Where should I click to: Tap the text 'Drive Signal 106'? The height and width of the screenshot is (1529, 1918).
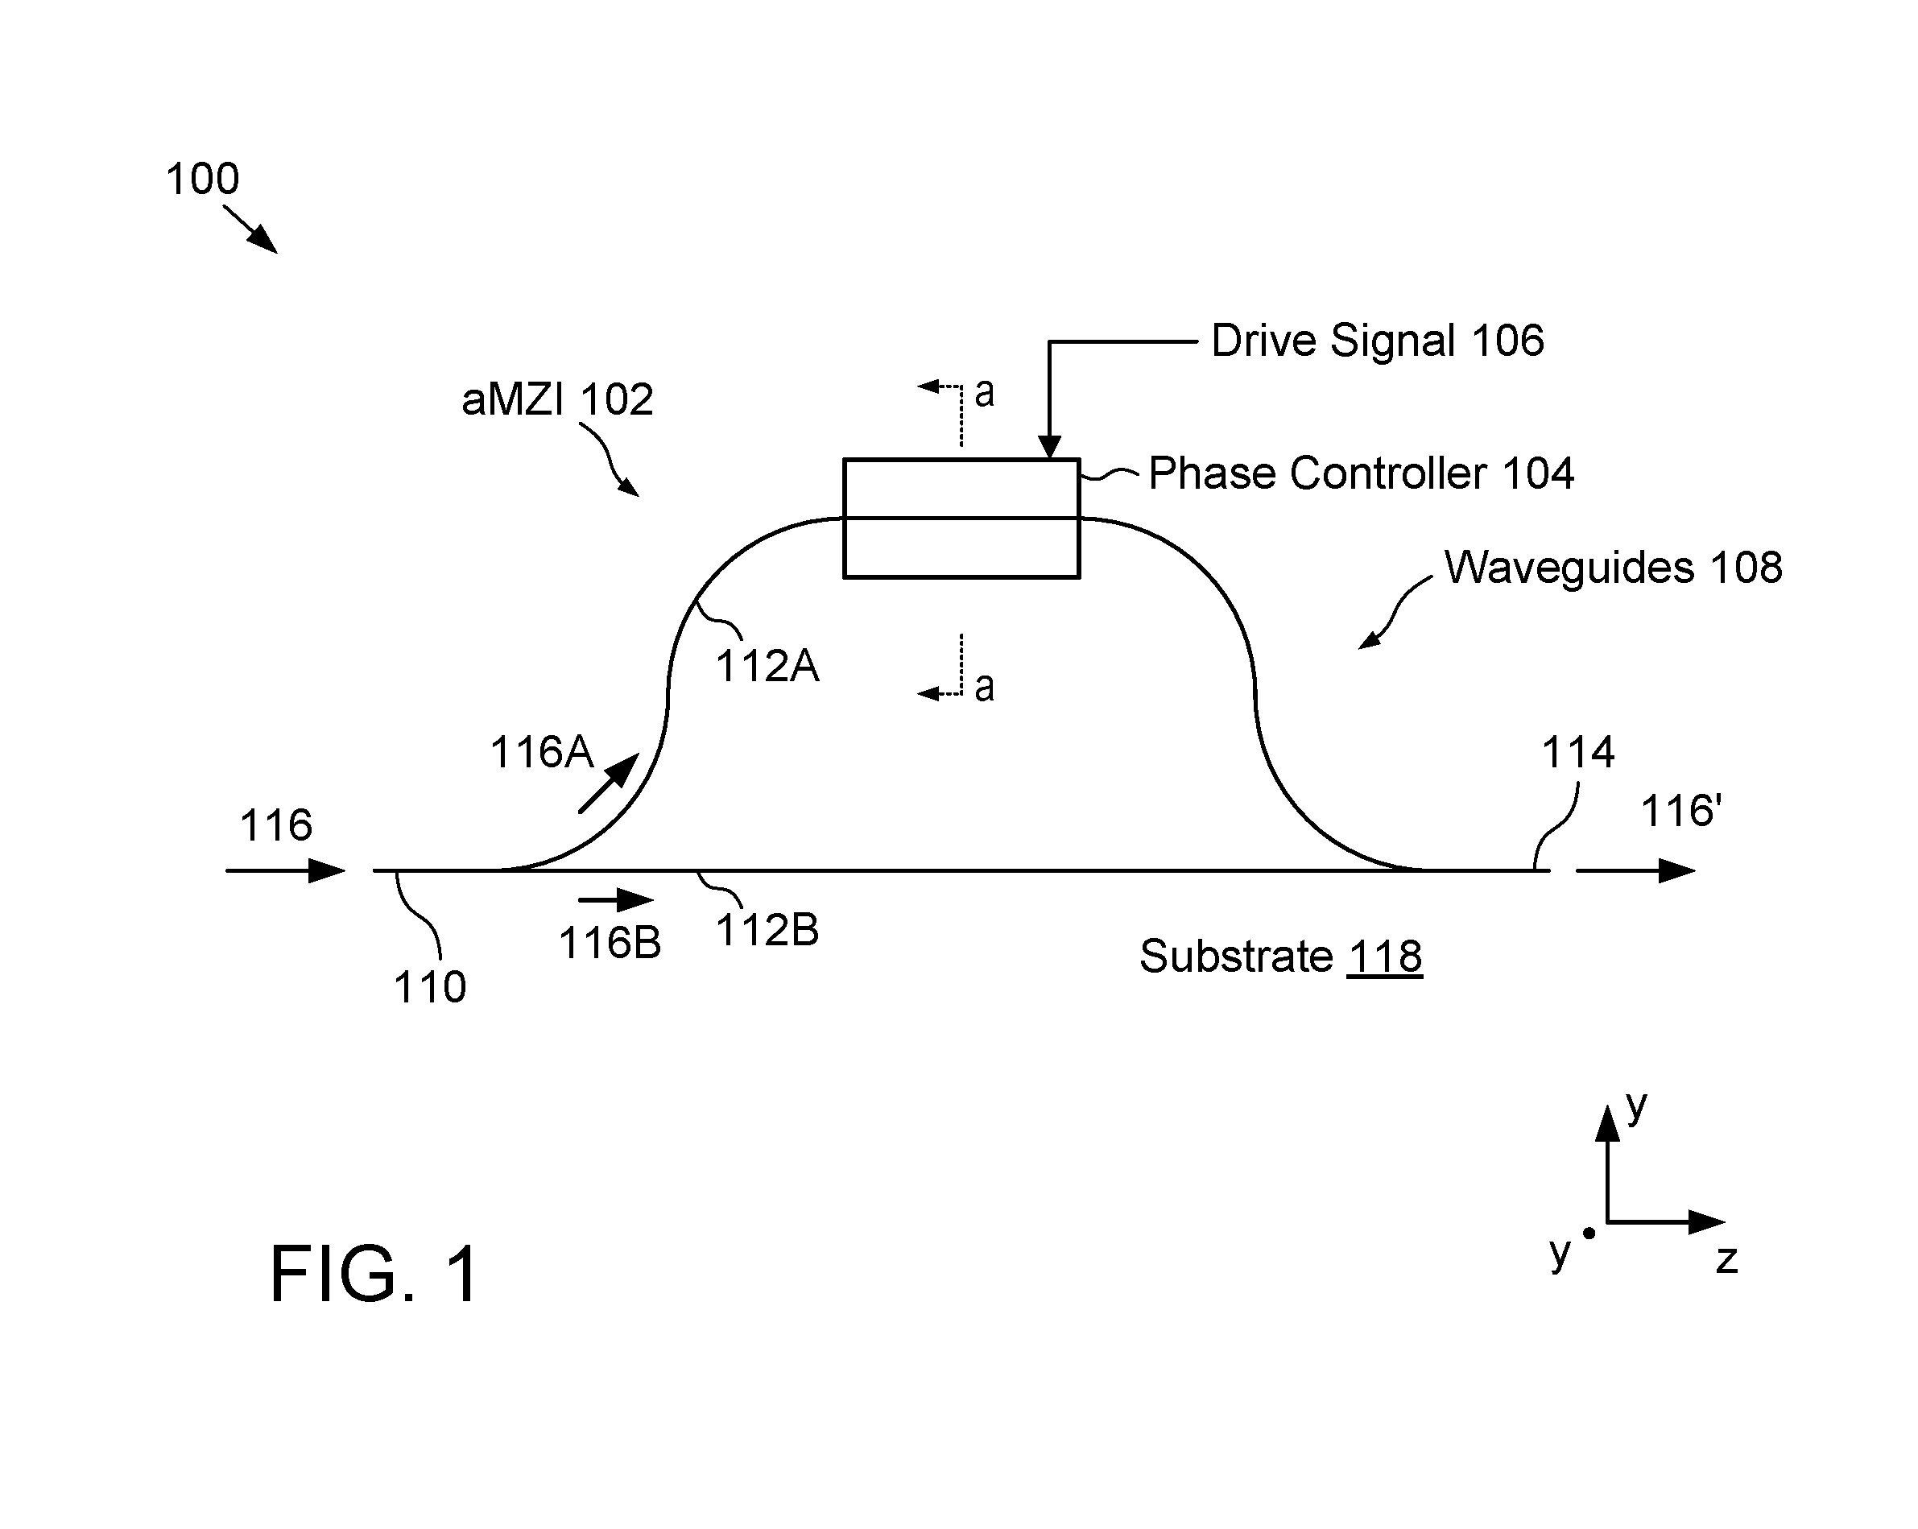[x=1377, y=341]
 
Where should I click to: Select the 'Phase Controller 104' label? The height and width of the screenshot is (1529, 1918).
[x=1361, y=473]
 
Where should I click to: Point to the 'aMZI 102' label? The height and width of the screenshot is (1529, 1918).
[x=557, y=399]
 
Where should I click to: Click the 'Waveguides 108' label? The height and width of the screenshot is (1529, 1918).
[x=1613, y=568]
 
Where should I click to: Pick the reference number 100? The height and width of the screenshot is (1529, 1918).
[x=203, y=179]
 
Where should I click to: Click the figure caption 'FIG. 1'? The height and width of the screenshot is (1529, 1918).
[x=374, y=1274]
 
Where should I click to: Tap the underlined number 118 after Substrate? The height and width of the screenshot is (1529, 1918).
[x=1385, y=957]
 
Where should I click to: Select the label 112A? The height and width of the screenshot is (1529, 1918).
[x=767, y=666]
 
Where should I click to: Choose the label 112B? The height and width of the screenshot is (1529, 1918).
[x=767, y=932]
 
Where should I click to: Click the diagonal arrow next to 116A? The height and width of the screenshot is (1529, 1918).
[x=610, y=783]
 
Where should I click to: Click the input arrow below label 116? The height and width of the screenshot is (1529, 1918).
[x=286, y=871]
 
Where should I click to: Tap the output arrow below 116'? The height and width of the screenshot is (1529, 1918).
[x=1636, y=871]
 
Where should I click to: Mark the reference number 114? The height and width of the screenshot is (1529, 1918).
[x=1577, y=753]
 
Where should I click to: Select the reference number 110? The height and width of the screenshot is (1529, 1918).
[x=430, y=987]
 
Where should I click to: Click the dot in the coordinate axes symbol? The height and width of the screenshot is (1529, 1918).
[x=1589, y=1234]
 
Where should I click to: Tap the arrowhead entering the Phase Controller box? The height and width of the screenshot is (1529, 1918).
[x=1050, y=448]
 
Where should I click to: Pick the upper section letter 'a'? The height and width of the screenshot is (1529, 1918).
[x=984, y=392]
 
